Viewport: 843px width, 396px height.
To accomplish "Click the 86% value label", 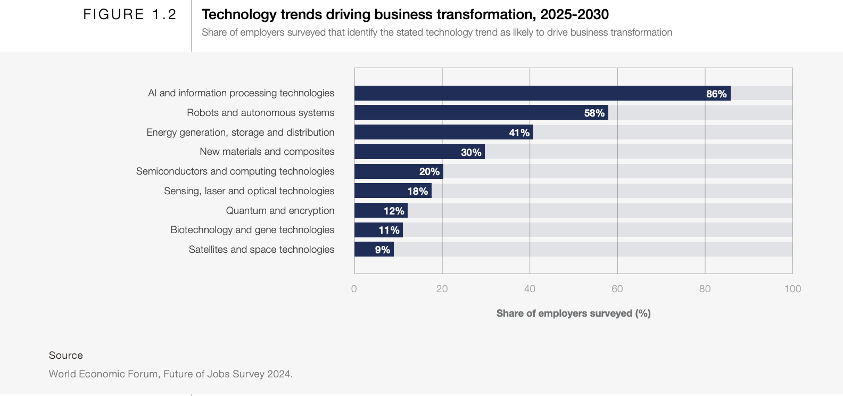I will [x=716, y=94].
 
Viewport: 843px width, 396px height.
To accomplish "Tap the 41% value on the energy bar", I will [x=519, y=133].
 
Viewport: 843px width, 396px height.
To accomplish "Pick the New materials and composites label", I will [x=267, y=152].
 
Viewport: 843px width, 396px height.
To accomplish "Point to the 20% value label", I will [x=429, y=171].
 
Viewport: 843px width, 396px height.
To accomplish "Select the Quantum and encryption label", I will [x=280, y=210].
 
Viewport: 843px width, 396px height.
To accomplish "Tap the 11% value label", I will [x=389, y=230].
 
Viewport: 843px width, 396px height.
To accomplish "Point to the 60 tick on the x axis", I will [x=617, y=288].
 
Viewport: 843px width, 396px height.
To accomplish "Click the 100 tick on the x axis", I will [x=792, y=288].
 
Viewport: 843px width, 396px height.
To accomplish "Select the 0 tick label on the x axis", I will [x=354, y=288].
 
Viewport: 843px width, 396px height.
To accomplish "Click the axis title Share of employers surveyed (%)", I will [x=573, y=313].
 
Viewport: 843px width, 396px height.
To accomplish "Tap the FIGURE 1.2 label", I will [x=130, y=14].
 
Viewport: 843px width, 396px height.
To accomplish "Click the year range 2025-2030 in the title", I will [x=574, y=14].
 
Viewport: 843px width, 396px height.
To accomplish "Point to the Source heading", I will [x=66, y=355].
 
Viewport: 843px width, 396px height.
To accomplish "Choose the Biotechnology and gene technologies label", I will [x=252, y=230].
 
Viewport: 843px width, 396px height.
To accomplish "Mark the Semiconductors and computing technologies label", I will [x=235, y=171].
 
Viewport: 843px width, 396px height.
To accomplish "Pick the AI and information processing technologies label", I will [x=241, y=93].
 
